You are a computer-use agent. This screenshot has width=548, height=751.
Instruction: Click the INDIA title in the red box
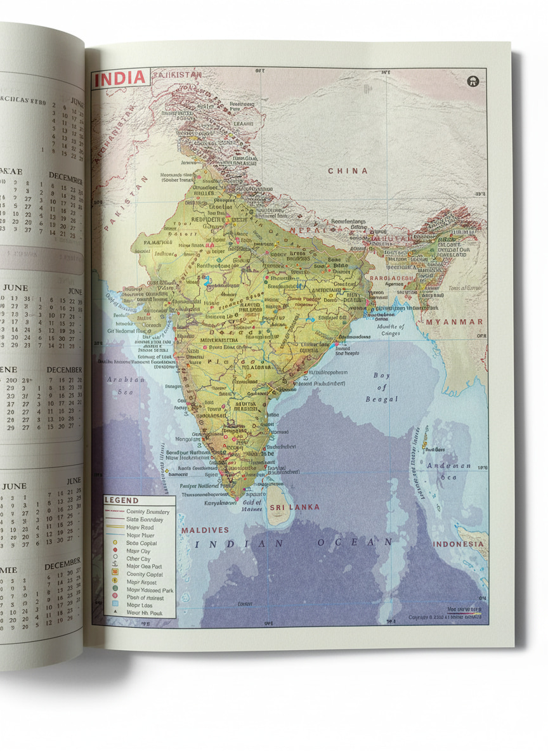[121, 79]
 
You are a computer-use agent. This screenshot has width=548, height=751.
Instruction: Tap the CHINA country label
[348, 171]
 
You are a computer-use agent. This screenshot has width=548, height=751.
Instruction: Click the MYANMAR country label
[454, 322]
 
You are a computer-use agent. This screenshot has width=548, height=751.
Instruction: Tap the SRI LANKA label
[294, 507]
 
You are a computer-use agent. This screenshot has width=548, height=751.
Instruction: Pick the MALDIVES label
[205, 530]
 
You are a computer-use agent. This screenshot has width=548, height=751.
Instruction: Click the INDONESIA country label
[459, 544]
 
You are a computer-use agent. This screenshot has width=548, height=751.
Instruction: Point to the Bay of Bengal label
[382, 387]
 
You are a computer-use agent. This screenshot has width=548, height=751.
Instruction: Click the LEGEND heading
[121, 501]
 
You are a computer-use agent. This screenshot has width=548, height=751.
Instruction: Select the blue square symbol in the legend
[115, 605]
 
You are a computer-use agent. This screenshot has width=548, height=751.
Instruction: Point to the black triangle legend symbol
[115, 613]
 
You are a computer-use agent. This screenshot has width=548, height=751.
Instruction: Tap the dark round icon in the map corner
[473, 81]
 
